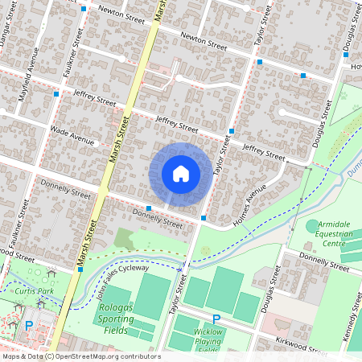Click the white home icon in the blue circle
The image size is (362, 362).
click(181, 173)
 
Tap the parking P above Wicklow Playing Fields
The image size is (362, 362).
click(216, 319)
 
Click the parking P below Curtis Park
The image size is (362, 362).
click(29, 326)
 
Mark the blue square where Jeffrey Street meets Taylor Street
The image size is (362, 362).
click(232, 130)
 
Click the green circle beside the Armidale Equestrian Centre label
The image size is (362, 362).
click(312, 227)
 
